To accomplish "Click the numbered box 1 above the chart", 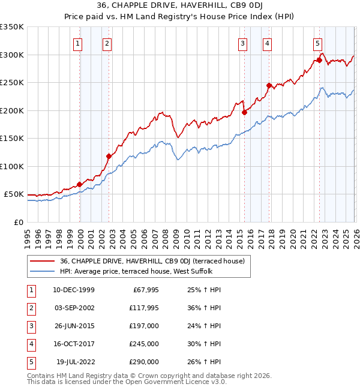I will tap(79, 43).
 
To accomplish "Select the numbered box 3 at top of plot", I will tap(242, 43).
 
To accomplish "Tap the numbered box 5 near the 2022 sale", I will tap(317, 43).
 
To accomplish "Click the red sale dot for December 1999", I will tap(80, 184).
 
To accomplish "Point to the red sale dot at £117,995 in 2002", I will tap(109, 157).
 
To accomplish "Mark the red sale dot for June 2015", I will tap(244, 112).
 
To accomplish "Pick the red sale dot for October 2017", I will tap(269, 85).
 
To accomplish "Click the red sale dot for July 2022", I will tap(319, 60).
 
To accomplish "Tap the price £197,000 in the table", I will tap(144, 326).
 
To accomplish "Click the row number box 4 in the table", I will tap(31, 344).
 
